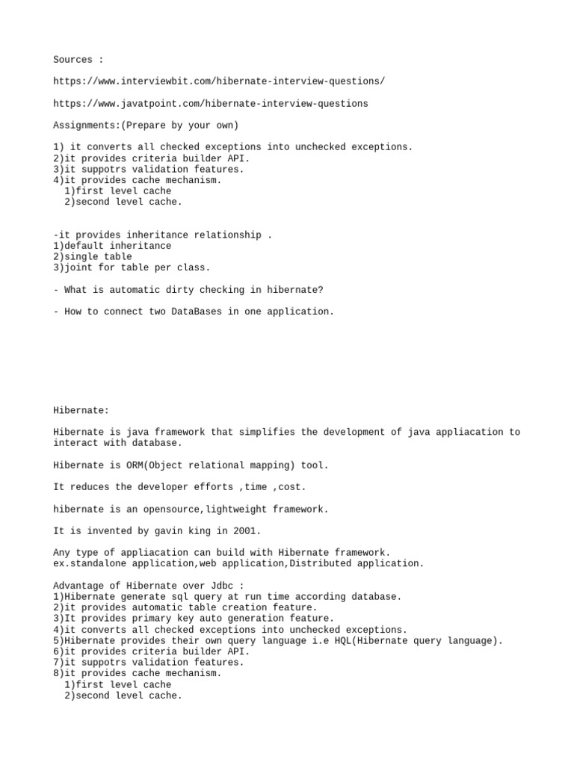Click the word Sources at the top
[x=72, y=60]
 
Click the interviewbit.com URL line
[x=220, y=81]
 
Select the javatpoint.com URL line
[x=211, y=103]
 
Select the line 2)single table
[x=92, y=256]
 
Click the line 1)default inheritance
[x=112, y=246]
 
